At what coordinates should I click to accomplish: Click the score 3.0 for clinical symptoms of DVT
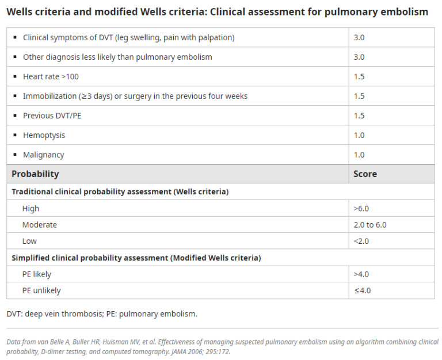[x=359, y=37]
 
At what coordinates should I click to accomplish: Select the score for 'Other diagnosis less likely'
[x=359, y=57]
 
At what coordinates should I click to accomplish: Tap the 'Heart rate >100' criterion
[x=51, y=76]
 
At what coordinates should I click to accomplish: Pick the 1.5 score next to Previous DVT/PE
[x=359, y=116]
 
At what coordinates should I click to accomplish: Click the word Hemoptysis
[x=44, y=135]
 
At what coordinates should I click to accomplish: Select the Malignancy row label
[x=43, y=155]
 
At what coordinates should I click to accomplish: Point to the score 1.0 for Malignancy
[x=359, y=155]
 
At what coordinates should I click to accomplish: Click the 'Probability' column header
[x=35, y=174]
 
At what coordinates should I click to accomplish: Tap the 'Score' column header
[x=365, y=174]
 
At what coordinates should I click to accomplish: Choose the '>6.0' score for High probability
[x=361, y=209]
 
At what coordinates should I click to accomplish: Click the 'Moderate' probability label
[x=40, y=225]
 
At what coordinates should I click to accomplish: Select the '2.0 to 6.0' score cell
[x=370, y=225]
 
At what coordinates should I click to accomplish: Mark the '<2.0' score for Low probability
[x=361, y=241]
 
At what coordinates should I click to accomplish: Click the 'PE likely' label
[x=37, y=274]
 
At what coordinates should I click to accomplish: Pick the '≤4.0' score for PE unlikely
[x=362, y=290]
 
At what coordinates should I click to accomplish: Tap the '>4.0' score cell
[x=361, y=274]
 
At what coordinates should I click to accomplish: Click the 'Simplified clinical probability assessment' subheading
[x=136, y=258]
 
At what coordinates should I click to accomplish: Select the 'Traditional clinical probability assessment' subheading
[x=120, y=192]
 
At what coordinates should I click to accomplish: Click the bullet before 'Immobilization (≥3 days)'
[x=15, y=96]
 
